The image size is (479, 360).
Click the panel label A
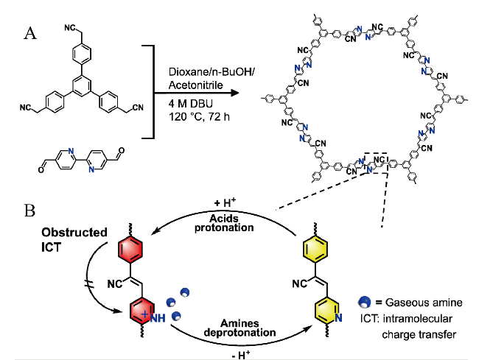point(31,33)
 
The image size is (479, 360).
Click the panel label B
point(30,211)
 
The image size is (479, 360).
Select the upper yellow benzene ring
point(318,250)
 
